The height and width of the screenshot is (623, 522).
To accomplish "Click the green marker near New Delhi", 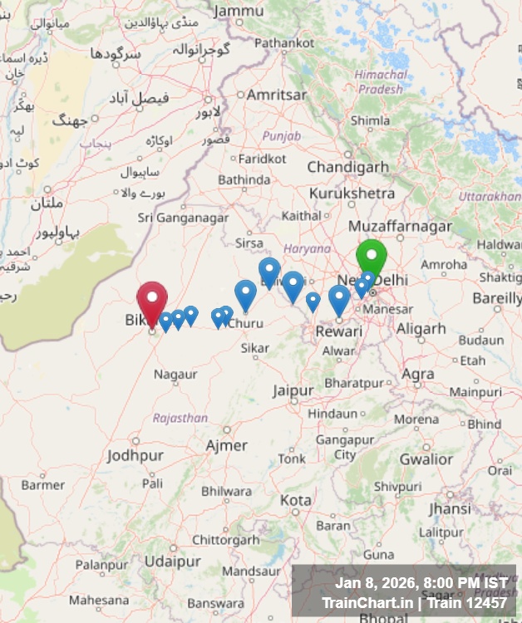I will [372, 258].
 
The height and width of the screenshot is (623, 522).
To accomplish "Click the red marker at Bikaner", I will [152, 301].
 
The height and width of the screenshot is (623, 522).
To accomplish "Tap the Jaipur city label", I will [293, 390].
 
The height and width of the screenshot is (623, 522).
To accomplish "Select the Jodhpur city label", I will [135, 456].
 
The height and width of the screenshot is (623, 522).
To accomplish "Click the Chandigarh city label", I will [347, 167].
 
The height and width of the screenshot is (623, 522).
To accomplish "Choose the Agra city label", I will [417, 374].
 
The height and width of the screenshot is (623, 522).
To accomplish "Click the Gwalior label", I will [426, 459].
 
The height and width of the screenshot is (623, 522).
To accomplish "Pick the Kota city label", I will [296, 501].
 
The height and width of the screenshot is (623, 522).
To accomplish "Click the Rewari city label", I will [338, 331].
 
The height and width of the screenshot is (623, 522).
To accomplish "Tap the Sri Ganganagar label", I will [183, 218].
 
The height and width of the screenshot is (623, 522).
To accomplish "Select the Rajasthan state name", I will [180, 418].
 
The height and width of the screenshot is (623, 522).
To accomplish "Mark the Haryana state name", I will [307, 248].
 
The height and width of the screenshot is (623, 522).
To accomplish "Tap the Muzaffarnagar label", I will [401, 226].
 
